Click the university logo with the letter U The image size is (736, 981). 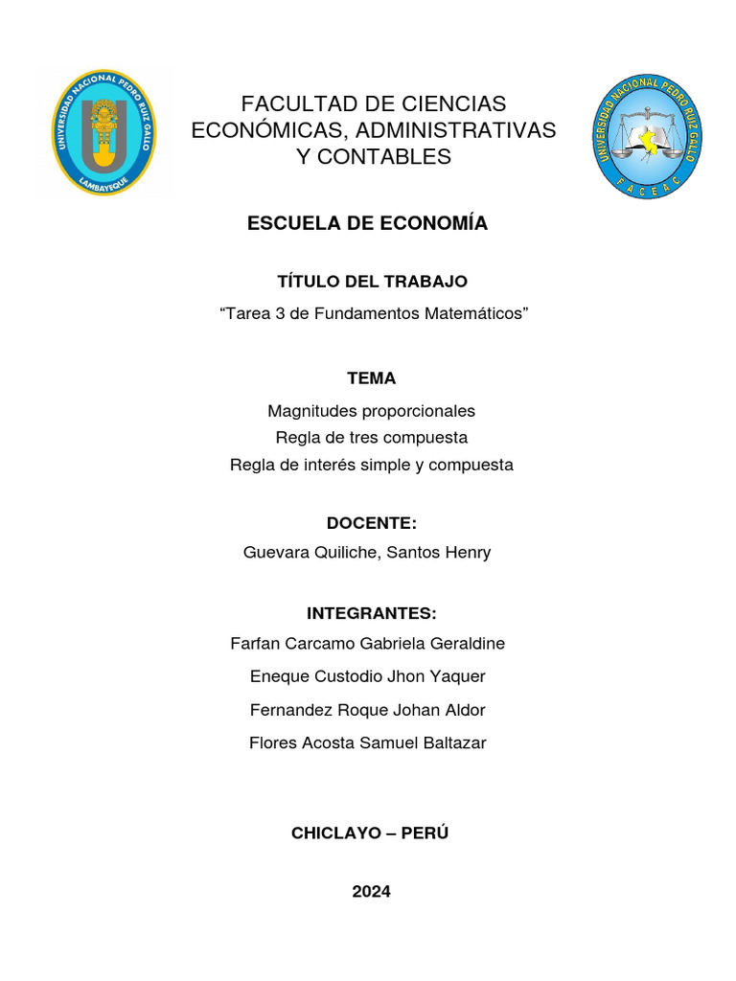tap(103, 132)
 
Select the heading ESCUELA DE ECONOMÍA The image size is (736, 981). tap(368, 223)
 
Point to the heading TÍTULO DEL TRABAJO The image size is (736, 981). tap(372, 282)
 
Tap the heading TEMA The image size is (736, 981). tap(372, 378)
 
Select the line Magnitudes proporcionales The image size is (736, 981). tap(372, 411)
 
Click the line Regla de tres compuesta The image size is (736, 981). tap(372, 438)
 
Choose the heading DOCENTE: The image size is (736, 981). tap(372, 523)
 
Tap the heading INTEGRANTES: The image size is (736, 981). tap(372, 614)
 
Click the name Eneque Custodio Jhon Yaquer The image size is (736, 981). tap(368, 676)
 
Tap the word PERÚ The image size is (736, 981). tap(425, 833)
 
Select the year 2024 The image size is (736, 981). tap(372, 892)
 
